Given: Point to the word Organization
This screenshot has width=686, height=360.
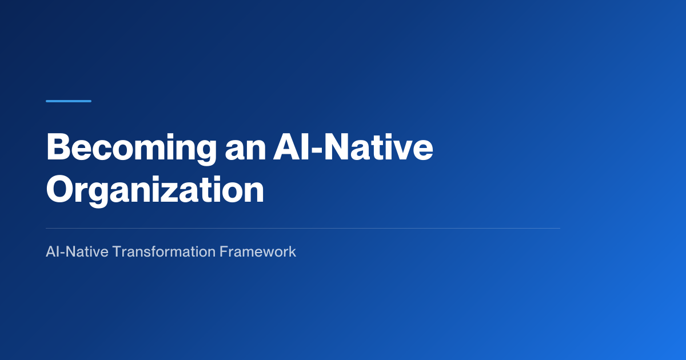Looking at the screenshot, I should (x=155, y=191).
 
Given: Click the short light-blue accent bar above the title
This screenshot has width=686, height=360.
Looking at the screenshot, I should (x=69, y=101).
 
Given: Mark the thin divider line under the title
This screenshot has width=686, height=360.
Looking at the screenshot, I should (x=303, y=229).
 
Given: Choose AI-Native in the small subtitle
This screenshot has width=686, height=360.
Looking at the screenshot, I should (x=77, y=251).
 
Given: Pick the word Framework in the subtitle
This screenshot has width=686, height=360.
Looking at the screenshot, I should (x=258, y=251).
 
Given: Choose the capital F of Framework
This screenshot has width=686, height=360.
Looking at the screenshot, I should (x=224, y=251).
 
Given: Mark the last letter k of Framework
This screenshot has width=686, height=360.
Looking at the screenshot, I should (x=292, y=251).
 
